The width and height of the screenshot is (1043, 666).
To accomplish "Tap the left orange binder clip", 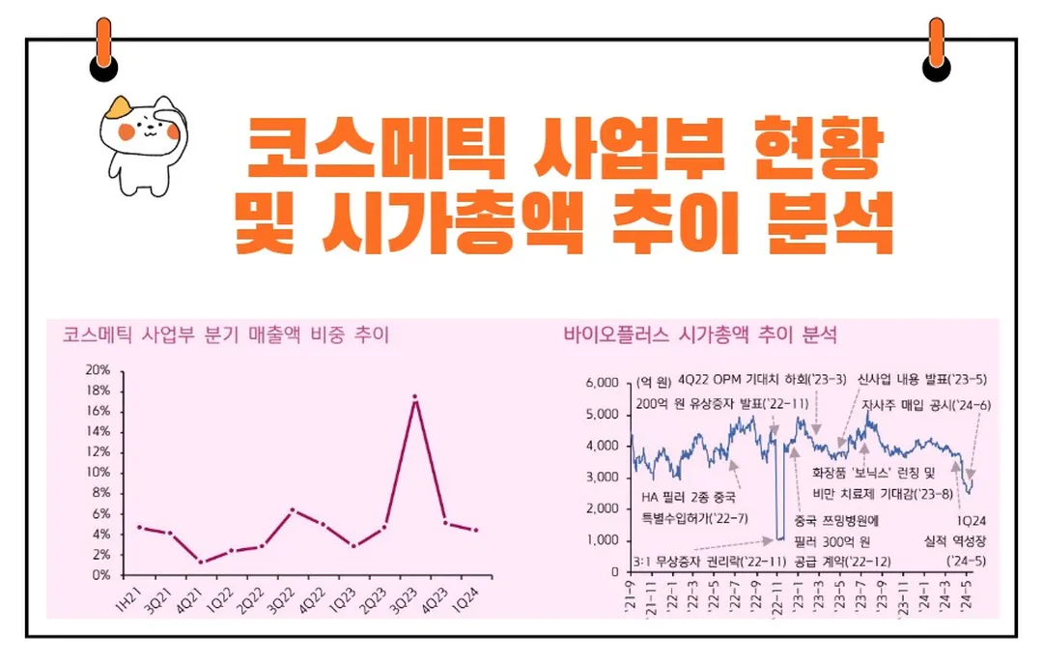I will click(103, 47).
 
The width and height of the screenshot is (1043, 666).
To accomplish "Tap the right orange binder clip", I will click(936, 47).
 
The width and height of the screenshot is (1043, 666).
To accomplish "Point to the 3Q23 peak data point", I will click(415, 397).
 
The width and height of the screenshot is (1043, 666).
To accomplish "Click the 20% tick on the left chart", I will click(99, 370).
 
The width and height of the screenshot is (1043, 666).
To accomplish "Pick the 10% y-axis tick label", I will click(99, 473).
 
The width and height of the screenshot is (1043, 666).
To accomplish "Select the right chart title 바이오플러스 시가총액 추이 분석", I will click(700, 335).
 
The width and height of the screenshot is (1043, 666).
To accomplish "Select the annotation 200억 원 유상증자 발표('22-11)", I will click(709, 403).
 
